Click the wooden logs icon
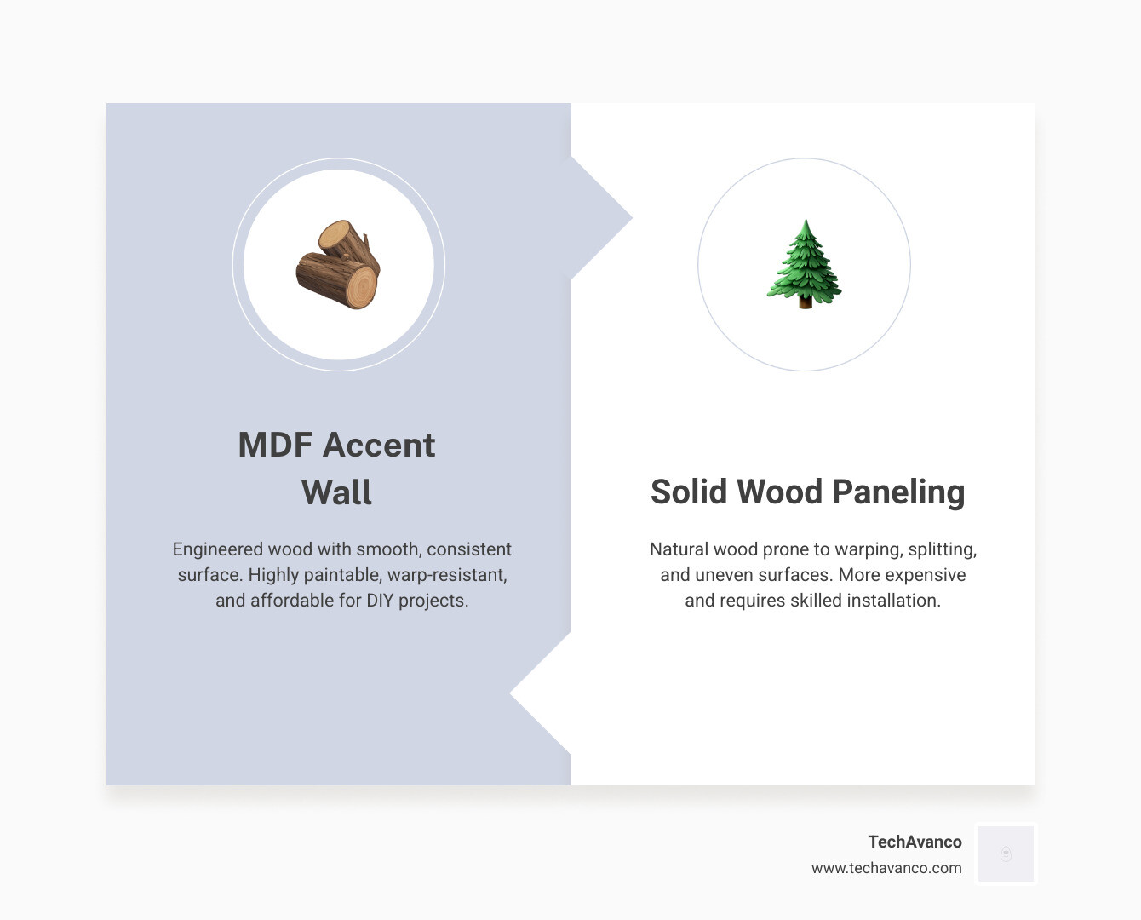[338, 264]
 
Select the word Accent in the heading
[379, 445]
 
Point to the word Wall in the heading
[336, 492]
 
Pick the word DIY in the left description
[380, 601]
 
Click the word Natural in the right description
[679, 549]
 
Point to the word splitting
[942, 549]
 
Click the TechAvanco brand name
[915, 842]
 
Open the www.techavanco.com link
[886, 868]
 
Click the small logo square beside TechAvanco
[1006, 854]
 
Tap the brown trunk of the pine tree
[805, 302]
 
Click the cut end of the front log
[362, 288]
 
